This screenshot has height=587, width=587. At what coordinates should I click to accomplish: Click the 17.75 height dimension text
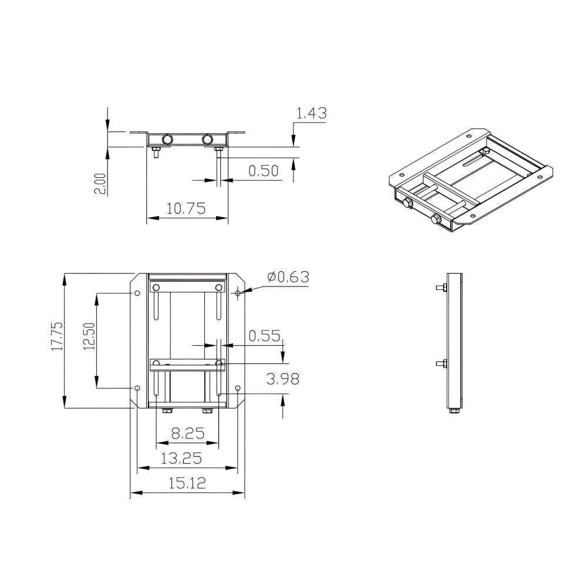pyautogui.click(x=56, y=336)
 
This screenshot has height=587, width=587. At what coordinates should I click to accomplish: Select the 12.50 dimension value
pyautogui.click(x=89, y=336)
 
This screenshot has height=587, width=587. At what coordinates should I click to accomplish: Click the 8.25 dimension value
pyautogui.click(x=187, y=434)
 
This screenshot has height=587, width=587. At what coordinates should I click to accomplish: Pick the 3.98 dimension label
pyautogui.click(x=283, y=379)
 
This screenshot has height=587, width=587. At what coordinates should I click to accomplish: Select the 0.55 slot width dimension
pyautogui.click(x=265, y=336)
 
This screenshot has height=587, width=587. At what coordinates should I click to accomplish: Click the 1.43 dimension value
pyautogui.click(x=311, y=113)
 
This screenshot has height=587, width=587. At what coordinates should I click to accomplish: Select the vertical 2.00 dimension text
pyautogui.click(x=100, y=183)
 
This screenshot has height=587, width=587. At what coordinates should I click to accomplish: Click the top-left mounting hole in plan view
pyautogui.click(x=137, y=293)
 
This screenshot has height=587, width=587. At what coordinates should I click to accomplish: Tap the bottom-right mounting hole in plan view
pyautogui.click(x=237, y=388)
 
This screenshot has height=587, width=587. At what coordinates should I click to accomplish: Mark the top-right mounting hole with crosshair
pyautogui.click(x=237, y=293)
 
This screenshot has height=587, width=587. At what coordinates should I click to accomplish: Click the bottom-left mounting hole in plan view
pyautogui.click(x=137, y=388)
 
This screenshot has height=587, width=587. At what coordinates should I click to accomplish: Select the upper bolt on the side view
pyautogui.click(x=441, y=288)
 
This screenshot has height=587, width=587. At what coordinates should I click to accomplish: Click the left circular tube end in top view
pyautogui.click(x=167, y=139)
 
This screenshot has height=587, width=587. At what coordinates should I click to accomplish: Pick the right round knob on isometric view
pyautogui.click(x=436, y=220)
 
